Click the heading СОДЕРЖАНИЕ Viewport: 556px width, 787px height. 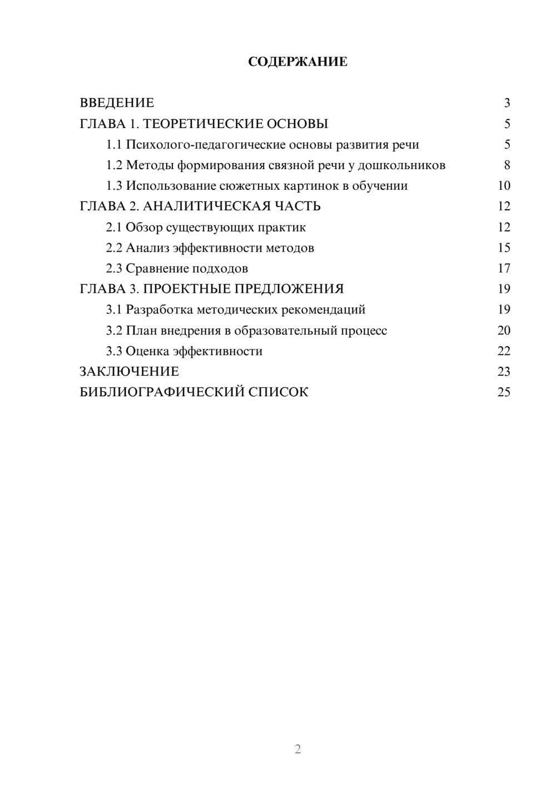coord(297,62)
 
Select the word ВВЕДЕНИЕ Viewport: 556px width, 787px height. coord(117,103)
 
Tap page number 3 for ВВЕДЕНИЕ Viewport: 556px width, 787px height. coord(507,103)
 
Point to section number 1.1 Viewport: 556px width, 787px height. coord(113,145)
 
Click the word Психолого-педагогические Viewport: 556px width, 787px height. coord(206,145)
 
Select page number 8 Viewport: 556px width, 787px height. coord(507,165)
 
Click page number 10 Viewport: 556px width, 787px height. coord(504,186)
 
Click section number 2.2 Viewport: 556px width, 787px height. coord(113,248)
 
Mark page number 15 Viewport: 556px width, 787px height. coord(504,248)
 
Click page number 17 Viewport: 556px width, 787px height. coord(504,268)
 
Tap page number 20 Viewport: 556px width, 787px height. coord(504,331)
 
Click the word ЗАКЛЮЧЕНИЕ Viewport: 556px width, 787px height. coord(129,372)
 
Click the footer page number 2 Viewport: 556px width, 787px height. coord(297,749)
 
